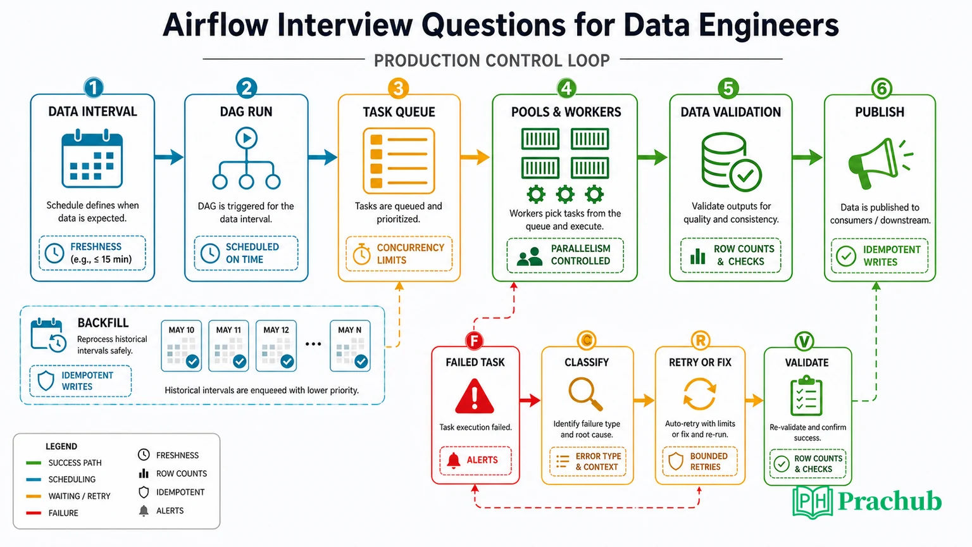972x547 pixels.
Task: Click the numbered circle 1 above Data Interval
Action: click(x=93, y=88)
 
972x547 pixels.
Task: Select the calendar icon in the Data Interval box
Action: click(x=92, y=158)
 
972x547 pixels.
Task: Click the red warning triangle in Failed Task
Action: click(x=475, y=396)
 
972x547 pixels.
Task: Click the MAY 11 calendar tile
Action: click(x=228, y=346)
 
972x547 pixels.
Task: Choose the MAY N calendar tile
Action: click(x=350, y=346)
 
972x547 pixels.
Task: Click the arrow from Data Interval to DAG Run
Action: click(x=169, y=157)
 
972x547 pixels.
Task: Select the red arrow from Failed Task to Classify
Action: click(x=530, y=400)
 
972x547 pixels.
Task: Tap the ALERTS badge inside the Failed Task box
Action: click(x=475, y=460)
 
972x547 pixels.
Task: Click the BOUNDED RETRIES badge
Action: click(x=700, y=461)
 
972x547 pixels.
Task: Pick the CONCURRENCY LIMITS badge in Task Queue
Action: click(x=399, y=254)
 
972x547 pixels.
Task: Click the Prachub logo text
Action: click(x=890, y=501)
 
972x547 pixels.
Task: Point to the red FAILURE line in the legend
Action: click(x=34, y=513)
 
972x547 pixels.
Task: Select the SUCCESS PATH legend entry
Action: click(x=64, y=463)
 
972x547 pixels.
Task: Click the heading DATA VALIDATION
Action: click(x=731, y=112)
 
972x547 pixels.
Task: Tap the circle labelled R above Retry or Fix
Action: click(x=700, y=341)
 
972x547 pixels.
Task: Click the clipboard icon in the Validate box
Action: click(x=806, y=396)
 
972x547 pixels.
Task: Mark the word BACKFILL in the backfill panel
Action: click(x=103, y=323)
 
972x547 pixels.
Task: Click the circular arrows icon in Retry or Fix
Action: click(x=699, y=394)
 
